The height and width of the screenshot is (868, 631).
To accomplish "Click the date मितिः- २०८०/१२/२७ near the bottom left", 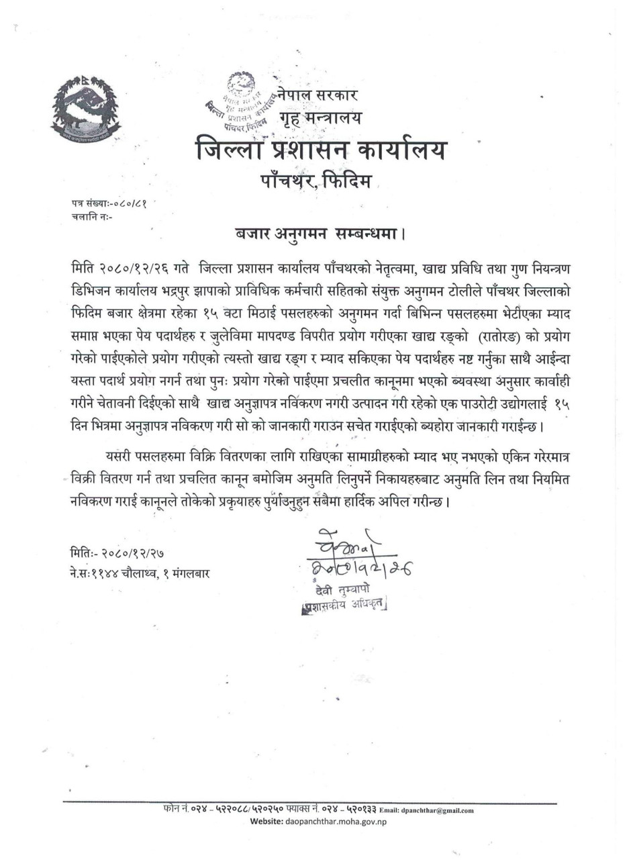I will pyautogui.click(x=118, y=555).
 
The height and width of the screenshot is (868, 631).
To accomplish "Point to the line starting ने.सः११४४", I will pyautogui.click(x=139, y=573).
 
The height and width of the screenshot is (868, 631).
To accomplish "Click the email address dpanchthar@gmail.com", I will pyautogui.click(x=440, y=810).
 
